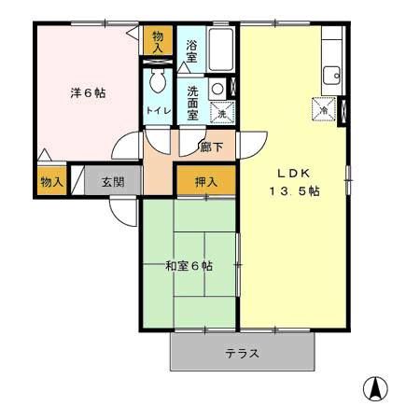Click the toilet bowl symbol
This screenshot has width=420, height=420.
click(158, 80)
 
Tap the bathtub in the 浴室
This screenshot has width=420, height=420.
click(220, 49)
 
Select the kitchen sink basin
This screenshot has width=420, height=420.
click(331, 76)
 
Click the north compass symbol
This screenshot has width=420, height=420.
click(375, 388)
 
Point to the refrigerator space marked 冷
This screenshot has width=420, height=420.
click(324, 109)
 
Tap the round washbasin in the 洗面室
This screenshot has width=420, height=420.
click(217, 89)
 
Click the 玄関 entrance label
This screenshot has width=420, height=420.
click(113, 182)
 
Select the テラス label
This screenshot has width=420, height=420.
click(242, 354)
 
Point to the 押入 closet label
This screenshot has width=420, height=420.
click(206, 182)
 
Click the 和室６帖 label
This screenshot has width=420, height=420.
click(189, 266)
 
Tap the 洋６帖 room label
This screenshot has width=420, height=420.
click(88, 92)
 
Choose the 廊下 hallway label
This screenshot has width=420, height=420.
click(212, 147)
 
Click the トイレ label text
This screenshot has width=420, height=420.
click(159, 110)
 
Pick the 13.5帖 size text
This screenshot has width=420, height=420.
click(294, 191)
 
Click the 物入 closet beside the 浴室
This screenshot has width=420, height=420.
click(158, 40)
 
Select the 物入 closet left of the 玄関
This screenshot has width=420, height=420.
click(52, 181)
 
